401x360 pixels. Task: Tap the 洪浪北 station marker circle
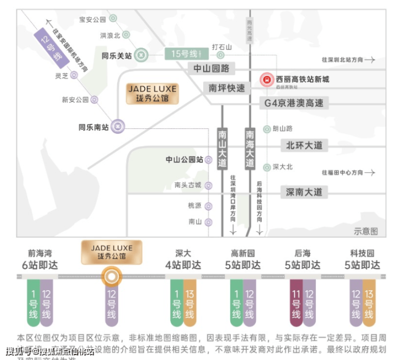(126, 35)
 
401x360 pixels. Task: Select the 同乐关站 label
(117, 55)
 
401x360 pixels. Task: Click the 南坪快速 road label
(227, 88)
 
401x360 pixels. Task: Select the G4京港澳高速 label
(294, 102)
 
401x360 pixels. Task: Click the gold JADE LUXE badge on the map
(152, 94)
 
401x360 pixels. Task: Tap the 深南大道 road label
(303, 192)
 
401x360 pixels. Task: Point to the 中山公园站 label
(184, 160)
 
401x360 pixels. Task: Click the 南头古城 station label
(187, 185)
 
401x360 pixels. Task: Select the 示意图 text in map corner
(366, 231)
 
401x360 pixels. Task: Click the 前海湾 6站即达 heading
(40, 259)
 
